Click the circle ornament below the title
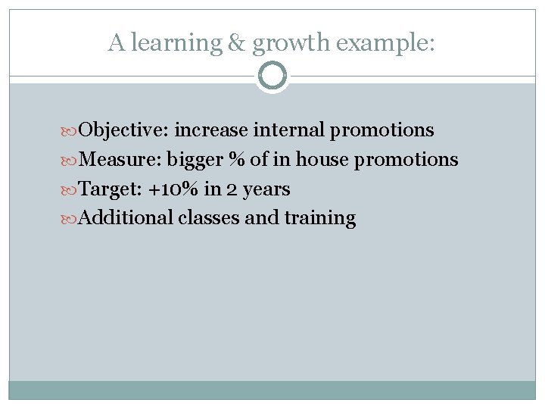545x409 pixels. coord(272,76)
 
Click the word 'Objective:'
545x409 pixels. coord(124,130)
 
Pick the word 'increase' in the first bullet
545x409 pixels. coord(211,130)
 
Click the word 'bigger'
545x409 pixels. coord(190,160)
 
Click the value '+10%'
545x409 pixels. coord(175,189)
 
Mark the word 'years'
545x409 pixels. coord(265,189)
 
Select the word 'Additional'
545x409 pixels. coord(126,218)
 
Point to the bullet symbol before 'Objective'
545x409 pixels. coord(70,131)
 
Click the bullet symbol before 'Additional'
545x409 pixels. coord(70,219)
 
